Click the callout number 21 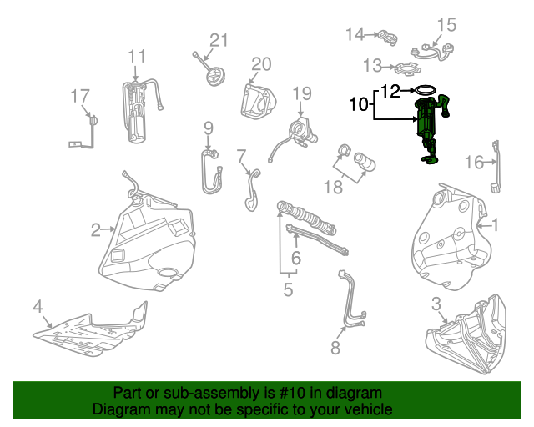click(219, 40)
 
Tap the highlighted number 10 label click(358, 105)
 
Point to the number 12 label click(390, 90)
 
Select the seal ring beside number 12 click(426, 90)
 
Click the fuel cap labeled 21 click(217, 77)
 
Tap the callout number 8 click(335, 348)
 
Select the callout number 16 click(474, 162)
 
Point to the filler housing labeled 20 click(256, 100)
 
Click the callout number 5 click(288, 290)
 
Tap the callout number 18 click(333, 188)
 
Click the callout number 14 click(355, 34)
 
